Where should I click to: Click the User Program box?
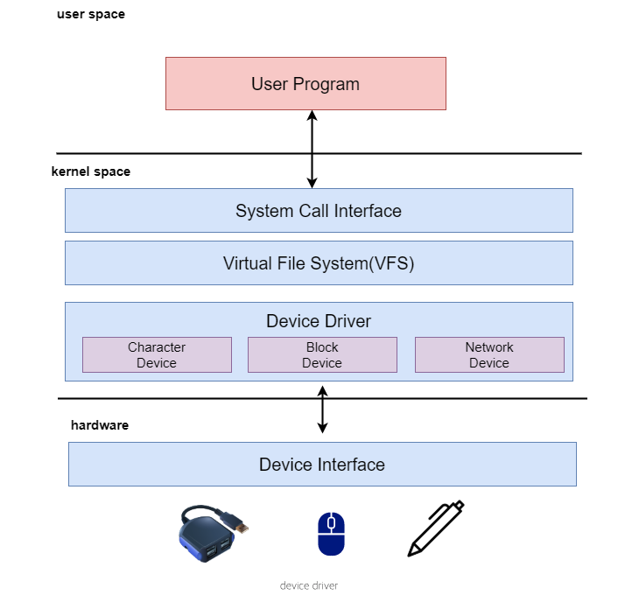click(305, 83)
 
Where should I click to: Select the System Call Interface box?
click(319, 210)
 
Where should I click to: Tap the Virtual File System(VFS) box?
click(319, 263)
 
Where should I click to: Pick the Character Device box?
click(158, 355)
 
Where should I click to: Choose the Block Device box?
click(322, 355)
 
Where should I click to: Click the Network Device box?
click(489, 355)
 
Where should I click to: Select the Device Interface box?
click(322, 464)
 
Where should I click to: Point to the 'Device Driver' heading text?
click(319, 321)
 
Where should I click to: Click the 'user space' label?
click(91, 15)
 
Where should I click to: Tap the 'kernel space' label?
click(91, 171)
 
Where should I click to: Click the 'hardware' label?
click(100, 425)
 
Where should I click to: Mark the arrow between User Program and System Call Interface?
click(312, 149)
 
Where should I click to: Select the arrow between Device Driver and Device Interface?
click(322, 409)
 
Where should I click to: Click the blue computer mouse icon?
click(331, 534)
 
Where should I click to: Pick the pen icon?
click(436, 528)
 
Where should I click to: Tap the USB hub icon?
click(214, 533)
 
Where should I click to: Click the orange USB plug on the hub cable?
click(242, 527)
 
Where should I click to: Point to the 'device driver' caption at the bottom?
click(309, 585)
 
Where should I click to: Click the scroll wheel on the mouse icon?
click(331, 522)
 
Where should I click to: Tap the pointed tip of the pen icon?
click(409, 556)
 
